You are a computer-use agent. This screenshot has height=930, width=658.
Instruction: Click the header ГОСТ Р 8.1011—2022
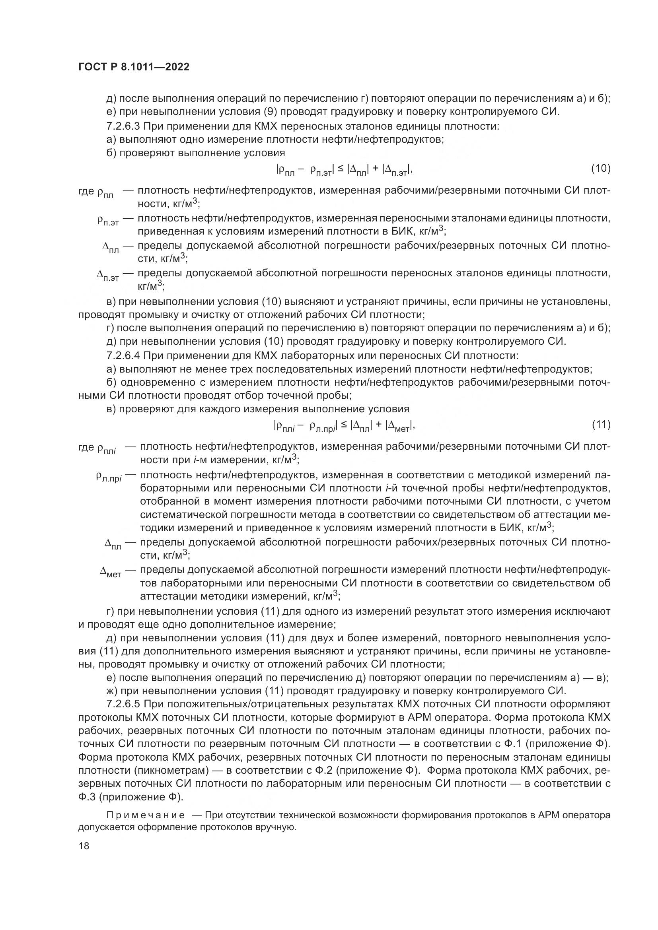[x=134, y=67]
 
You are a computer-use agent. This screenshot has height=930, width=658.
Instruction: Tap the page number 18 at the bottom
[x=84, y=845]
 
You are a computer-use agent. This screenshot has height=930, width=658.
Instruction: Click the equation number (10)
[x=600, y=169]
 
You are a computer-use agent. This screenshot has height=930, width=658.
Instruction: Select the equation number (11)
[x=601, y=425]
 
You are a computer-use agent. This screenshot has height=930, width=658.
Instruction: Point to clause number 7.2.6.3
[x=123, y=126]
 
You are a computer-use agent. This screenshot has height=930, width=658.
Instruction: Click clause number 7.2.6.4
[x=123, y=356]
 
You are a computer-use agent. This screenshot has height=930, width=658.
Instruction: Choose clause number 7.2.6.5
[x=123, y=704]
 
